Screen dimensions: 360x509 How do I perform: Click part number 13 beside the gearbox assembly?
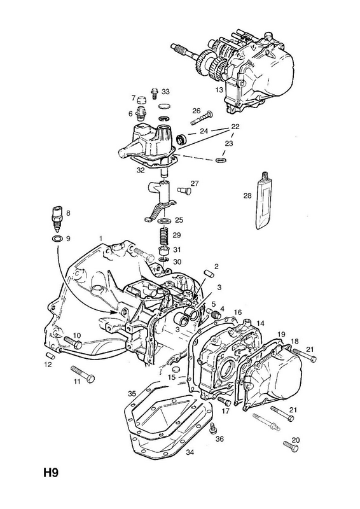(219, 89)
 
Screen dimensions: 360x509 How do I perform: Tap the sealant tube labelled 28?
(265, 200)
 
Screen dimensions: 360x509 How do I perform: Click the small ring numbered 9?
(57, 240)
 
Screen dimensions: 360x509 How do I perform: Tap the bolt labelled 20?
(291, 447)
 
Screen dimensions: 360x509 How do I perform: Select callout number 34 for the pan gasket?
(190, 452)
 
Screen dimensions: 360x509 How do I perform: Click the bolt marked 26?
(201, 118)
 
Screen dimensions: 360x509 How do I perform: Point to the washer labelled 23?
(222, 160)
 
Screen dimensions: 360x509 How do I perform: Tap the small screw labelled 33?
(154, 93)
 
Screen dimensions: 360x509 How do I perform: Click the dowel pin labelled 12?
(52, 355)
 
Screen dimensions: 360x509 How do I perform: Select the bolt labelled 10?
(73, 342)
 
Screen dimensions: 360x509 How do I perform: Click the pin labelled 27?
(184, 190)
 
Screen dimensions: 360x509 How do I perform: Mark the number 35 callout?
(132, 394)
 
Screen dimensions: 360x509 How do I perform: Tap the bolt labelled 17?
(225, 401)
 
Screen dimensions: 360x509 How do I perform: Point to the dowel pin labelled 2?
(208, 274)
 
